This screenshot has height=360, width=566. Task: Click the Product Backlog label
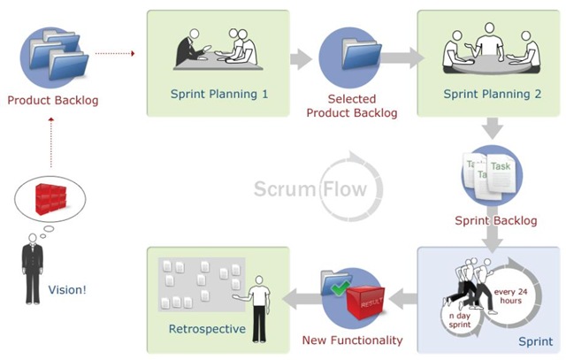(x=52, y=100)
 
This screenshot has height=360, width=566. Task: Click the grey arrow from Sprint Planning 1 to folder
(x=302, y=59)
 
